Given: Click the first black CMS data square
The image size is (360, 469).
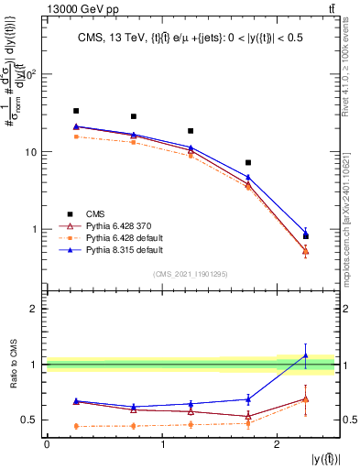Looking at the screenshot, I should pyautogui.click(x=76, y=111).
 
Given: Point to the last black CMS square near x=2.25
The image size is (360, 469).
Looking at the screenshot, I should pyautogui.click(x=306, y=236).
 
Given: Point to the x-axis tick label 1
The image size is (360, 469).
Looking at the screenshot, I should pyautogui.click(x=162, y=444).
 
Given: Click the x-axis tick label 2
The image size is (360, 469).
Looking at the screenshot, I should pyautogui.click(x=278, y=444).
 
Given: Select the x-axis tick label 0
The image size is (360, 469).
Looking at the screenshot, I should pyautogui.click(x=47, y=444).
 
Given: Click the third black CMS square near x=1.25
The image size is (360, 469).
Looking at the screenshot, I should pyautogui.click(x=191, y=131).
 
